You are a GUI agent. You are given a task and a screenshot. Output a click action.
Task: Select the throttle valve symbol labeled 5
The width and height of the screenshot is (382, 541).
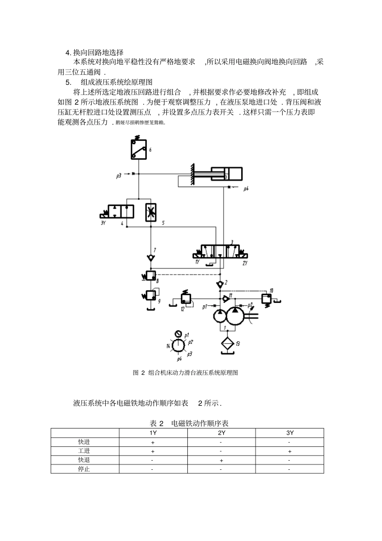pos(151,212)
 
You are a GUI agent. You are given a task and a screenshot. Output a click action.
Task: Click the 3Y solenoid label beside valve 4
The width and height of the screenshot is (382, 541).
pos(103,223)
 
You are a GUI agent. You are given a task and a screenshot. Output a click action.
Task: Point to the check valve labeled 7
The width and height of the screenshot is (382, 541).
pos(151,257)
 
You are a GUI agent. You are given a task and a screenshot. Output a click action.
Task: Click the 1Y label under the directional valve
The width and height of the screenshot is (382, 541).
pos(197,262)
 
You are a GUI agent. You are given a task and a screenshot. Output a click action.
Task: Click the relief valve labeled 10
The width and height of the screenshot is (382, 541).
pos(266,298)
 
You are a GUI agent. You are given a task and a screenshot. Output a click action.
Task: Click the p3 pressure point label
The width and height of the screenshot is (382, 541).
pos(119,176)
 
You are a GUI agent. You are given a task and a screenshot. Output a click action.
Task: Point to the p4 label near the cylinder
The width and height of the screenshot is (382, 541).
pos(246,188)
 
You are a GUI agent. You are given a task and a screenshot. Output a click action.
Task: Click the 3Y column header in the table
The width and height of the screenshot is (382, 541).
pos(290,433)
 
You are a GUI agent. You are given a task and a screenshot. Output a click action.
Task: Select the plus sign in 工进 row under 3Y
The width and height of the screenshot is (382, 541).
pos(290,451)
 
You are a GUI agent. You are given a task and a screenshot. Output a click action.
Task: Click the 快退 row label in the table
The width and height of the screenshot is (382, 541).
pos(84,460)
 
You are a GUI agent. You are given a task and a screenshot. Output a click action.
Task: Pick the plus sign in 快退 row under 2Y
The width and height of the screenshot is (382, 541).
pos(221,461)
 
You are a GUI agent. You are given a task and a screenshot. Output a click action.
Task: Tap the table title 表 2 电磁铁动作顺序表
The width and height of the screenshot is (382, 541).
pos(189,423)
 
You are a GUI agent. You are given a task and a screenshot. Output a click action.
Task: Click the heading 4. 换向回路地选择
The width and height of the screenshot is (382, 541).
pos(94,52)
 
